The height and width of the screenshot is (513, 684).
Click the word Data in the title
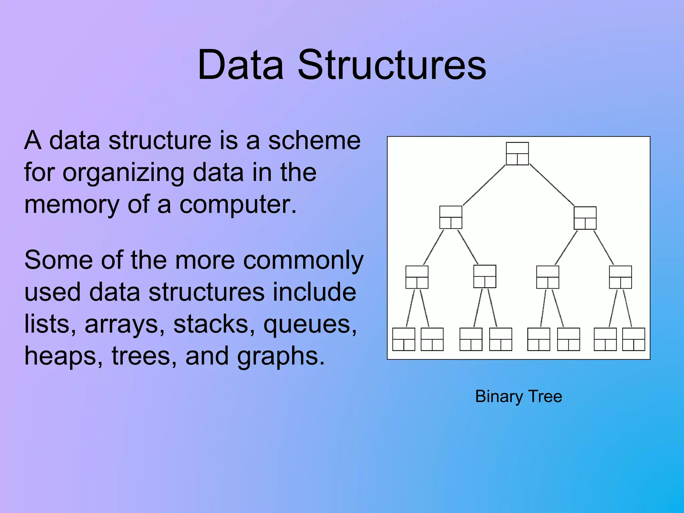coord(240,65)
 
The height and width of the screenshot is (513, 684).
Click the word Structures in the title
coord(391,65)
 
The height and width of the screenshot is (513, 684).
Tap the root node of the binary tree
coord(517,154)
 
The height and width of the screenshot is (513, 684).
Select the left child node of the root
coord(451,217)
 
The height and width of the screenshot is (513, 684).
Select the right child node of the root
coord(585,218)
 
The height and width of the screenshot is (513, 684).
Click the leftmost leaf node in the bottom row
coord(403,339)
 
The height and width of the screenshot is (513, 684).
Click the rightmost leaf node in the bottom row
coord(634,339)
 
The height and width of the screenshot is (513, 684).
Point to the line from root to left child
coord(484,185)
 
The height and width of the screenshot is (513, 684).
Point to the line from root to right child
coord(552,185)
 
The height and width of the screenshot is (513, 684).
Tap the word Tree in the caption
coord(545,396)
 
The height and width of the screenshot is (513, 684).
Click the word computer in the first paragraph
coord(238,204)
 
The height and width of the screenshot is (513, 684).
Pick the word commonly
coord(303,261)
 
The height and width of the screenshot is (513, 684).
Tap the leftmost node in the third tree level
coord(417,277)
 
